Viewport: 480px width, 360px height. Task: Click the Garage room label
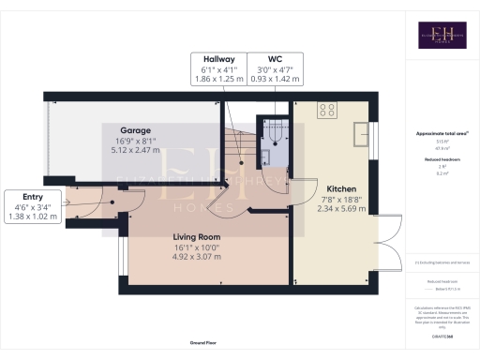pos(135,130)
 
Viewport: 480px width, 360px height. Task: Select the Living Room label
pos(196,236)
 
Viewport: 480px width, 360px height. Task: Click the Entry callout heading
pos(32,196)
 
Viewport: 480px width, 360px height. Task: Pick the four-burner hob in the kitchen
pos(327,110)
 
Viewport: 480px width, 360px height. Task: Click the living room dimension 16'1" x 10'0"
pos(196,247)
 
